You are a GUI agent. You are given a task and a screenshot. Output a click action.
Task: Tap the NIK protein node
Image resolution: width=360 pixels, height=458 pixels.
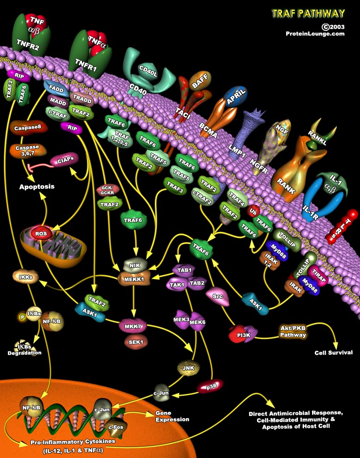135,265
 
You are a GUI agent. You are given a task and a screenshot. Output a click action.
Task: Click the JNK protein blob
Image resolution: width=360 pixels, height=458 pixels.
187,368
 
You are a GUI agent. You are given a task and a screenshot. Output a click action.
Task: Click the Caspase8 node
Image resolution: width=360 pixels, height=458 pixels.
26,128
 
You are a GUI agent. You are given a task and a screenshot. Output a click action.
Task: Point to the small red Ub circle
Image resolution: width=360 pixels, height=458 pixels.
253,212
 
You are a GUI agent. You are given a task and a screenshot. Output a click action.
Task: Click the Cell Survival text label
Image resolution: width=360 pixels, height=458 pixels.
333,353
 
